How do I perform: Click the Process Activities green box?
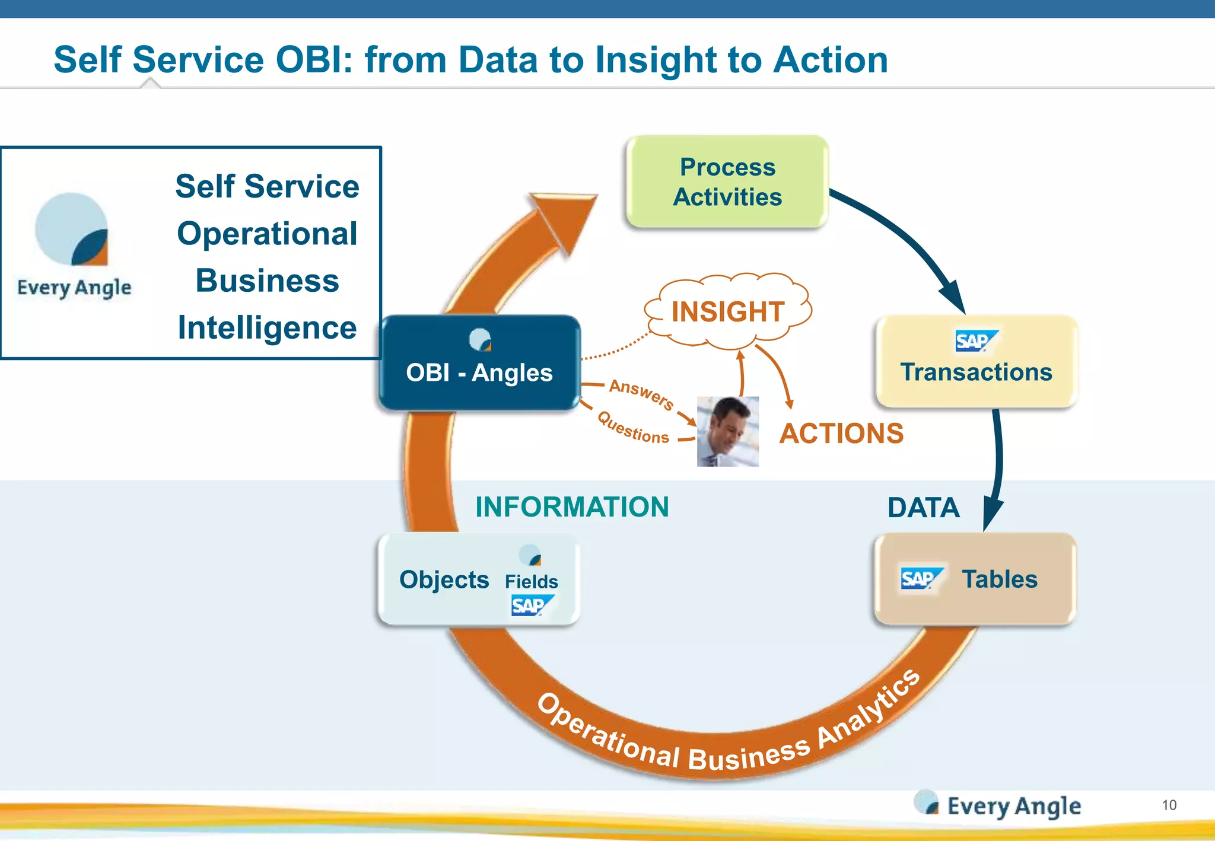coord(727,182)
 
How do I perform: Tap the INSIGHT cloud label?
coord(728,312)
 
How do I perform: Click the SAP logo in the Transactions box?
coord(975,341)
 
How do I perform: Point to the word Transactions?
coord(976,372)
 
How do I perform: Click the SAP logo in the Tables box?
coord(920,579)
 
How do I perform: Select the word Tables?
coord(1000,579)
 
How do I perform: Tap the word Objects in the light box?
coord(444,580)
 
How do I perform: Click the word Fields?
coord(531,582)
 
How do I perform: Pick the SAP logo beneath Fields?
coord(530,606)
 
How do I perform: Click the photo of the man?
coord(727,431)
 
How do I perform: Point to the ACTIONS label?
coord(841,434)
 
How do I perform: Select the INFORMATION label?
coord(572,507)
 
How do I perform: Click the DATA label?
coord(923,508)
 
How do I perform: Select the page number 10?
coord(1169,805)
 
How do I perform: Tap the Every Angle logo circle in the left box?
coord(71,229)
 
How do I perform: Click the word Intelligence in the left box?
coord(267,328)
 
